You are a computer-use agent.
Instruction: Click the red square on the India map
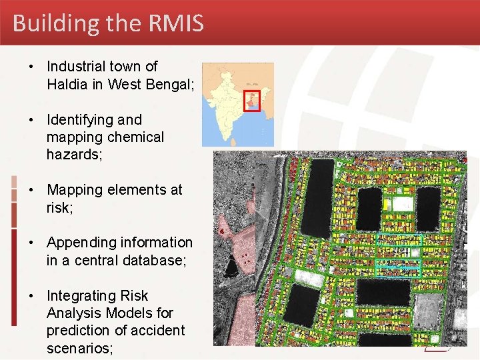pyautogui.click(x=251, y=100)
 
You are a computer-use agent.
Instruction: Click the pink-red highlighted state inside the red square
pyautogui.click(x=252, y=102)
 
